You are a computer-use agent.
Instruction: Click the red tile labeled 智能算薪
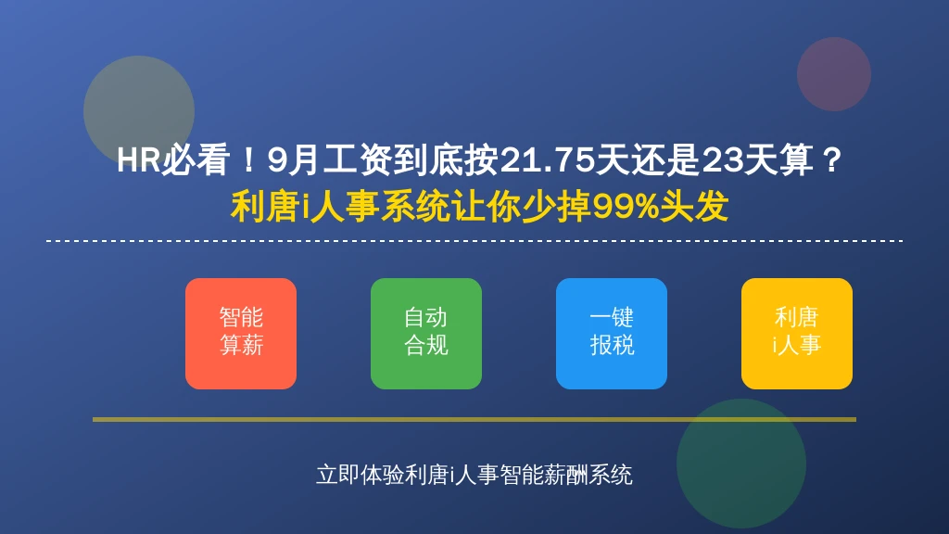[x=241, y=334]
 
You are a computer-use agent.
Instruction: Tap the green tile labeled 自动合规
[x=426, y=334]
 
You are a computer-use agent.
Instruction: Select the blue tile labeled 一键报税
[x=612, y=334]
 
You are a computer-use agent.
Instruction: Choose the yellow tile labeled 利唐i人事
[x=796, y=334]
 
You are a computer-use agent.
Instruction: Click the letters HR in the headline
[x=139, y=160]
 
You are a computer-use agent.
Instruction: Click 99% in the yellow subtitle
[x=626, y=207]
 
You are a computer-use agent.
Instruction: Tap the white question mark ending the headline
[x=832, y=160]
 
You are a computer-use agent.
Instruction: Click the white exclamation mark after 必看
[x=248, y=160]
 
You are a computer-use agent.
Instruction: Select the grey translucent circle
[x=139, y=111]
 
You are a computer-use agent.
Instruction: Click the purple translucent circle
[x=833, y=74]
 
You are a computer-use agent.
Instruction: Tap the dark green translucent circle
[x=740, y=464]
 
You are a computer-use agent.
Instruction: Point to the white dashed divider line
[x=474, y=241]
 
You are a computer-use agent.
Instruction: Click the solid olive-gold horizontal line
[x=474, y=419]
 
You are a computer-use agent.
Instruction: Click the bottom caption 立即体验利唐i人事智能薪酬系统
[x=474, y=476]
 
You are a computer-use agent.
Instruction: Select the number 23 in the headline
[x=722, y=160]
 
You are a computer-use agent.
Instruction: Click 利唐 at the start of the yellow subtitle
[x=265, y=207]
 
